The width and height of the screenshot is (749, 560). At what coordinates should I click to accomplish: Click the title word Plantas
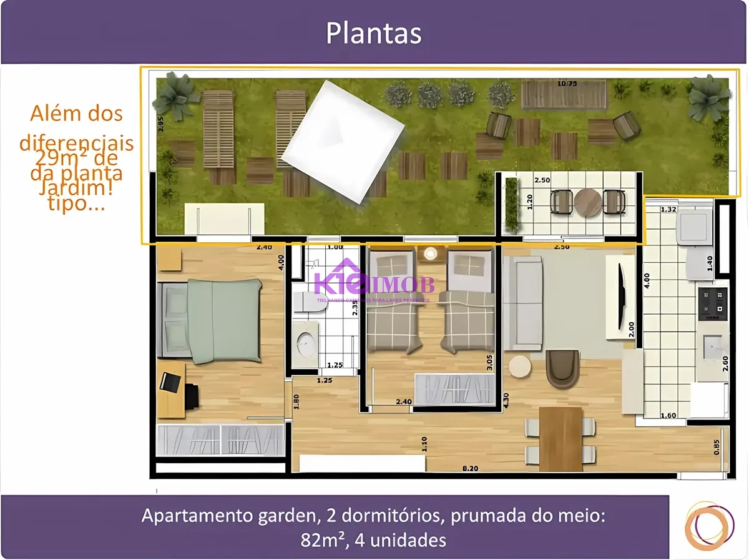[x=373, y=34]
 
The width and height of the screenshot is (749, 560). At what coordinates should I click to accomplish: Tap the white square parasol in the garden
[x=343, y=142]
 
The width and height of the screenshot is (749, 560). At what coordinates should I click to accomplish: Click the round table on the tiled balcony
[x=587, y=202]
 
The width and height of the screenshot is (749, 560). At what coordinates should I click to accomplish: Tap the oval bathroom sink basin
[x=306, y=342]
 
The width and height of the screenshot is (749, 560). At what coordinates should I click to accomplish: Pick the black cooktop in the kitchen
[x=712, y=303]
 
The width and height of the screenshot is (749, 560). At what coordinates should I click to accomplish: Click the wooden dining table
[x=561, y=438]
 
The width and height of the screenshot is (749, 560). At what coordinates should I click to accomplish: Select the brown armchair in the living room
[x=562, y=368]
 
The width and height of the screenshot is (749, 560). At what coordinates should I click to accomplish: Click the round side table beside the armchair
[x=519, y=366]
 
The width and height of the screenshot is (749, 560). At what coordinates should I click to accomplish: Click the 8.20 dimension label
[x=471, y=468]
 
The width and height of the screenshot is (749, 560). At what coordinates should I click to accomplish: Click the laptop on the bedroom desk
[x=169, y=381]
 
